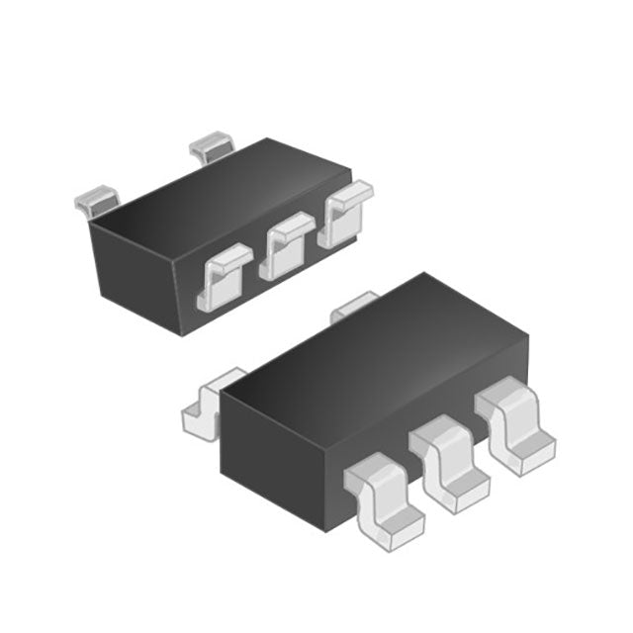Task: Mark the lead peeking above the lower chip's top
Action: (x=354, y=307)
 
